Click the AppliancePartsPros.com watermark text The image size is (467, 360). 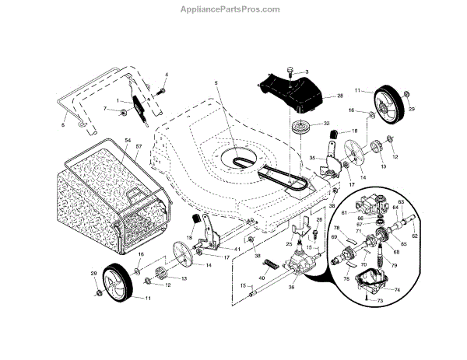pos(233,9)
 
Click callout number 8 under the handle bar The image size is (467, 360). pos(63,123)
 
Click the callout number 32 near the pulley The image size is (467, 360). pos(327,123)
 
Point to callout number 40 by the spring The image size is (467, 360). pos(262,278)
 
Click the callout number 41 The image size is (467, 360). pos(237,248)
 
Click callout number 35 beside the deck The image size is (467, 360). pos(312,158)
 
